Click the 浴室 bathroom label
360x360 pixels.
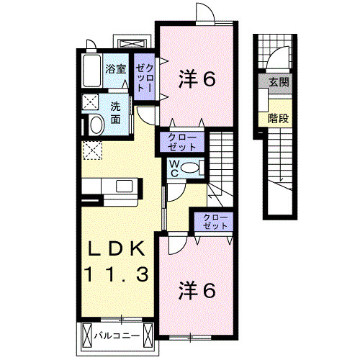click(116, 70)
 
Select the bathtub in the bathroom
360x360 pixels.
click(91, 71)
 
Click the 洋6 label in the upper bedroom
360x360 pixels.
click(197, 78)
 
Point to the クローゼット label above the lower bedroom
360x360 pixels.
click(215, 220)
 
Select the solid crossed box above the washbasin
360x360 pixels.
click(91, 102)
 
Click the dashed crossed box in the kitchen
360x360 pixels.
click(93, 150)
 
